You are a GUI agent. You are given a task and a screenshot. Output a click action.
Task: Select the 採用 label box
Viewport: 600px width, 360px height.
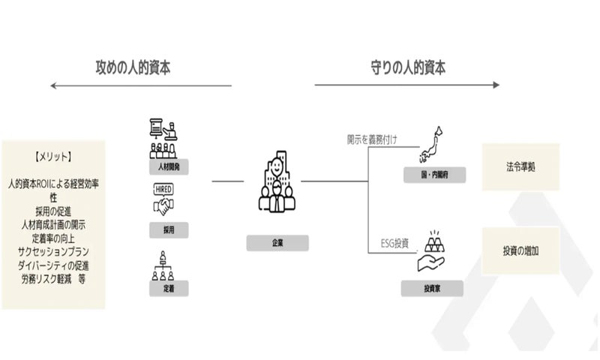(169, 230)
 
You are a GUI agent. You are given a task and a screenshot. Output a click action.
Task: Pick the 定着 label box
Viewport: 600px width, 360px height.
(169, 288)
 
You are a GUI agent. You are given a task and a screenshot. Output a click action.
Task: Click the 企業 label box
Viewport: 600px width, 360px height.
(277, 243)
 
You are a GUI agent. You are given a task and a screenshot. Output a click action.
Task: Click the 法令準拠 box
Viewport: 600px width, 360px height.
(520, 166)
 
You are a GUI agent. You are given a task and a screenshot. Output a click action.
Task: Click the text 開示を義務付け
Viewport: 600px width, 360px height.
(371, 138)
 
